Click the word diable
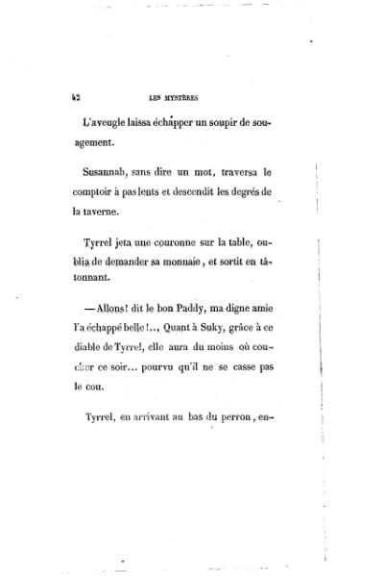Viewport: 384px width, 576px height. (91, 347)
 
